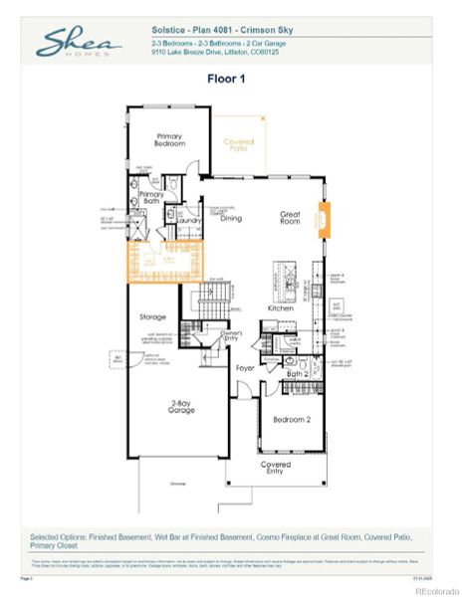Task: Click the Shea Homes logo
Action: [79, 42]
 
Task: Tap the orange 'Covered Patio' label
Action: [238, 144]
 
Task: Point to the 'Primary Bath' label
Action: [151, 198]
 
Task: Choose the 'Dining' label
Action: [231, 217]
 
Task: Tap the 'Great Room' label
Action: [290, 217]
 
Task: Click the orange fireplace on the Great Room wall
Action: [323, 219]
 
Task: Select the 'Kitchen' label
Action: [281, 307]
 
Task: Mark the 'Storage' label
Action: [153, 317]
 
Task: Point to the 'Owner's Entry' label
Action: [233, 336]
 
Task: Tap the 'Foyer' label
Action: [245, 367]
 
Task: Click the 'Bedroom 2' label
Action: [292, 420]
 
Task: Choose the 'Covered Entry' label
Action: [276, 468]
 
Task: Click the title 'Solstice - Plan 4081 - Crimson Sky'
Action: [211, 31]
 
